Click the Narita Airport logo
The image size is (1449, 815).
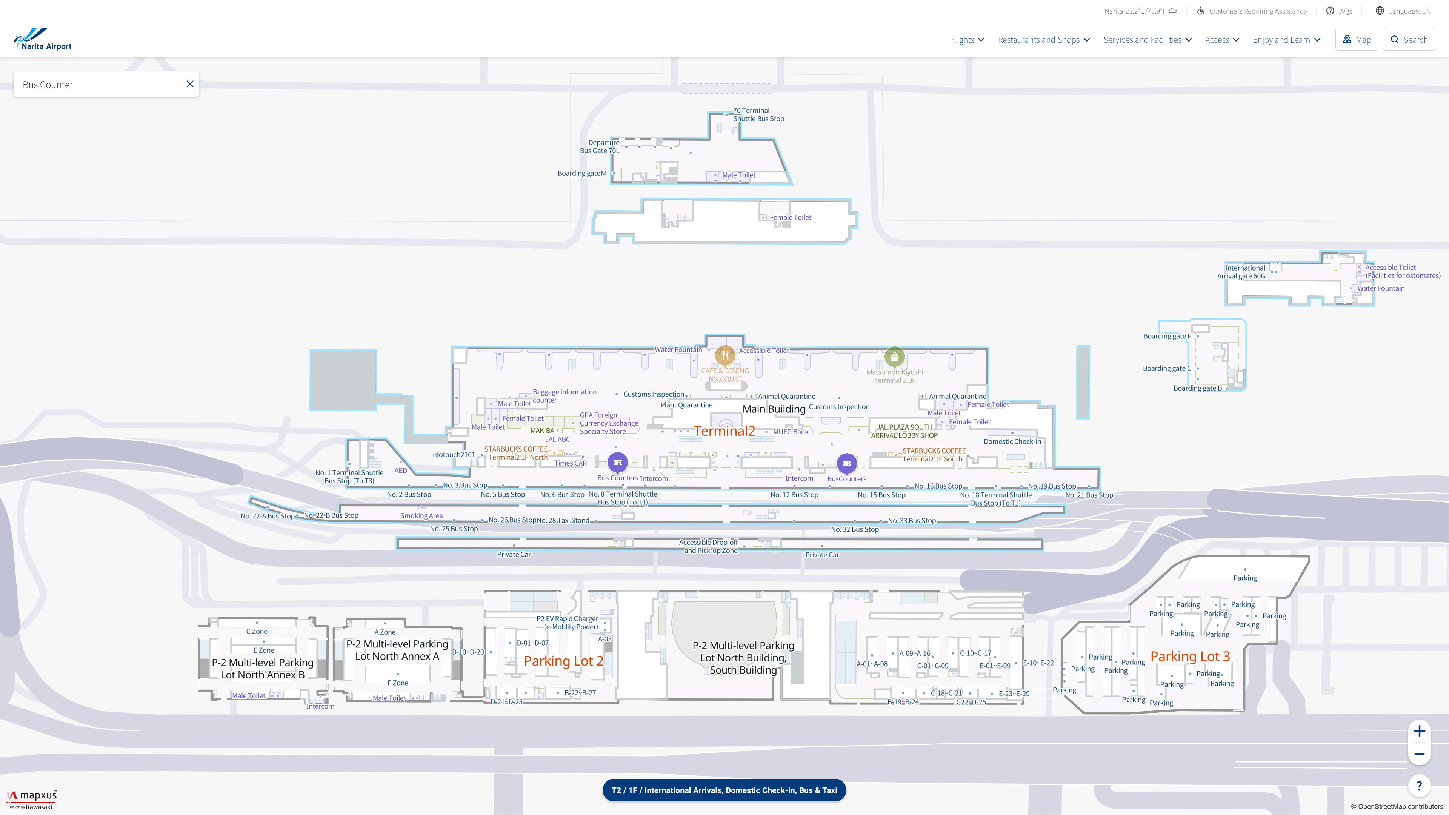point(43,39)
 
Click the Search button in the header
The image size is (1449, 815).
point(1409,39)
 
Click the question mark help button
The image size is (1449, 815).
point(1419,786)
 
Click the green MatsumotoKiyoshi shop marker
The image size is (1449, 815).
point(894,357)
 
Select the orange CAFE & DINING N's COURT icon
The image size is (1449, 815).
point(725,355)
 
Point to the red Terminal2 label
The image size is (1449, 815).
point(724,431)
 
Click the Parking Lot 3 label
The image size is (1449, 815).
point(1190,657)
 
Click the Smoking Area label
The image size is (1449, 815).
point(421,516)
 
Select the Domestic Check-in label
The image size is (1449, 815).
point(1012,441)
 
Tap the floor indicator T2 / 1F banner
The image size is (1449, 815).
point(724,790)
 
